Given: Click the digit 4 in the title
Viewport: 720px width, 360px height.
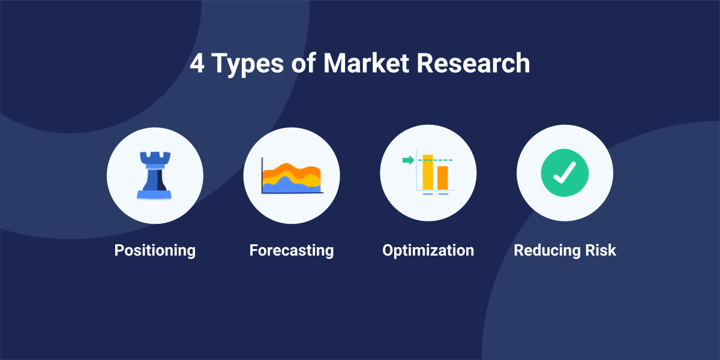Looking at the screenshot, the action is click(197, 64).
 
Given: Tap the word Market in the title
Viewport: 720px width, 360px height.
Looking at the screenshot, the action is click(366, 63).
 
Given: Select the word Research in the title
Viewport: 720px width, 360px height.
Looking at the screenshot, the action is click(473, 63).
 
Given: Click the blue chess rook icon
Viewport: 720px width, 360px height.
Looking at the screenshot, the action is click(154, 175).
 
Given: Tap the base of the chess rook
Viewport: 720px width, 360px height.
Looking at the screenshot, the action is click(154, 194).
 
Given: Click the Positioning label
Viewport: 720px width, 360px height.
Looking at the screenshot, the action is click(155, 251).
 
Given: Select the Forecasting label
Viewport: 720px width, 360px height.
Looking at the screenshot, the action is click(292, 251).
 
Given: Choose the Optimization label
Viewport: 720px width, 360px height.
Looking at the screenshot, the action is click(428, 251).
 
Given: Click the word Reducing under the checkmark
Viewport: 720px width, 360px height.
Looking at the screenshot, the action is click(547, 251).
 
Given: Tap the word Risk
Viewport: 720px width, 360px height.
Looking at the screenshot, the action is click(601, 250).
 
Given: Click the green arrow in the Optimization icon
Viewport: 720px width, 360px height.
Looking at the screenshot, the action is click(408, 160).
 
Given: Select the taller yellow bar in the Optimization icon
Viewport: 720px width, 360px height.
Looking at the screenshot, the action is click(427, 172).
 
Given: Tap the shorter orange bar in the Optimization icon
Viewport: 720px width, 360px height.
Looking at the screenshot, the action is click(443, 178).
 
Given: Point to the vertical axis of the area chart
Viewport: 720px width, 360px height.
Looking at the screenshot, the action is click(262, 175).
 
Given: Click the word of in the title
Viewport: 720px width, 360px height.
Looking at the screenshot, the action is click(304, 63).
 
